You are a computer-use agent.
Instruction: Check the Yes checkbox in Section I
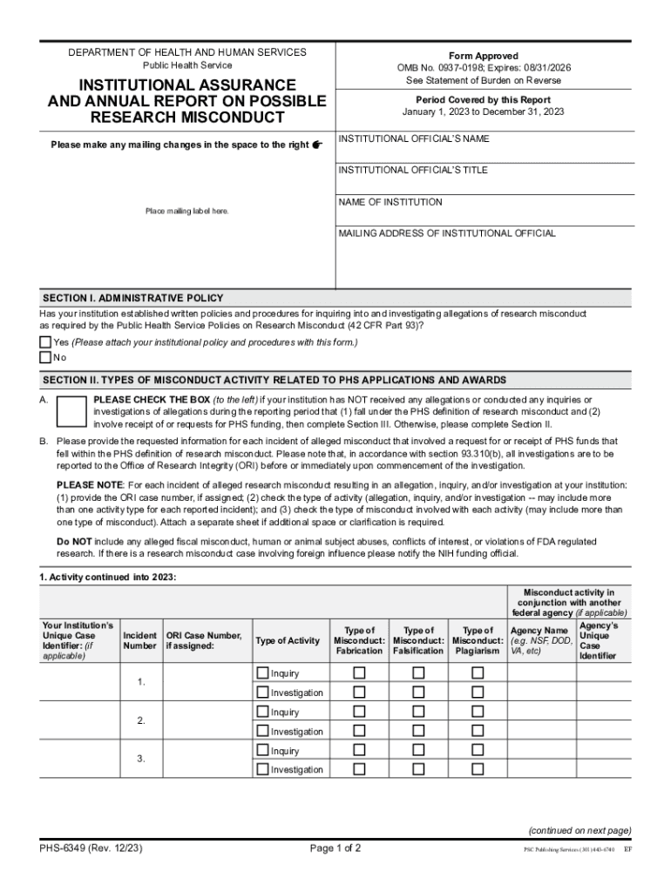(45, 342)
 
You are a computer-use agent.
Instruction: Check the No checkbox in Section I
(45, 357)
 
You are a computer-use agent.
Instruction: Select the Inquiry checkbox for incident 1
(262, 673)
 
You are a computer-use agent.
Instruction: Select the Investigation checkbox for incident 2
(262, 732)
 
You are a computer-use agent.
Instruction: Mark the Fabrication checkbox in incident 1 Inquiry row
(358, 673)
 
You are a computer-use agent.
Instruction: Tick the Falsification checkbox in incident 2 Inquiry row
(418, 713)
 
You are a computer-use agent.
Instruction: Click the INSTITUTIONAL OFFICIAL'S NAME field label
(413, 139)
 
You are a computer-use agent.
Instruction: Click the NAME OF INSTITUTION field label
(390, 202)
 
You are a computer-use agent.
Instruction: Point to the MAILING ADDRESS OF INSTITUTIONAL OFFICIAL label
(446, 233)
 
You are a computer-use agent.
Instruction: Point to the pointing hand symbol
(317, 145)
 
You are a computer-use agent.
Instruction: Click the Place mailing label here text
(187, 212)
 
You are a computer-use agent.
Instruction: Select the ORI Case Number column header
(203, 641)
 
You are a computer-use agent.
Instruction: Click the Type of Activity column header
(288, 641)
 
